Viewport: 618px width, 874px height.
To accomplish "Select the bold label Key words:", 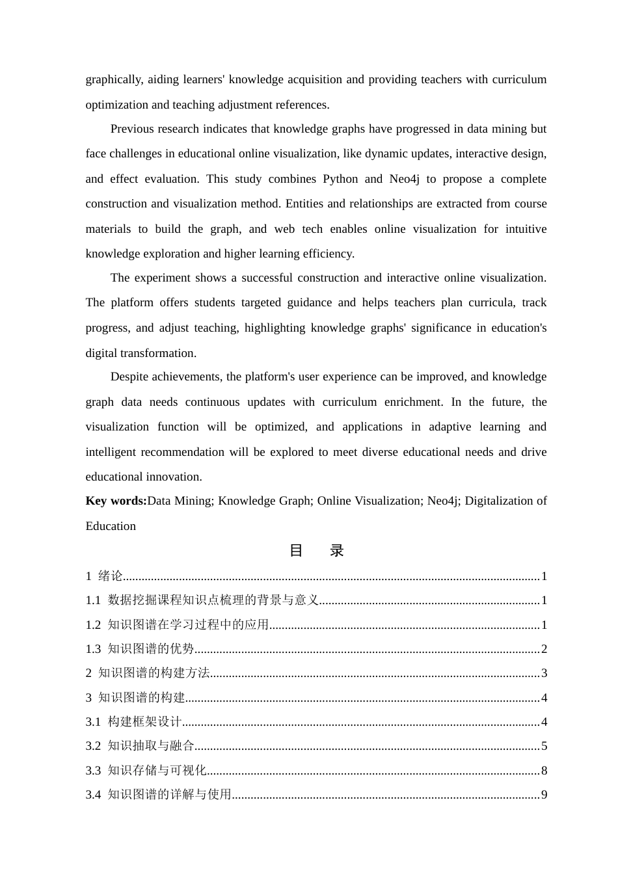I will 116,501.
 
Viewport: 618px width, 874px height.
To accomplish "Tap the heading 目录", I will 316,551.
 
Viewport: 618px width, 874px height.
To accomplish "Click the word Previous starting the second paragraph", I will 133,129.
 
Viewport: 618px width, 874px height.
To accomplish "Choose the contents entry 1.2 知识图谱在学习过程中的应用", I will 177,625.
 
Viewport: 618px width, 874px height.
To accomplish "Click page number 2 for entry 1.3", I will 544,649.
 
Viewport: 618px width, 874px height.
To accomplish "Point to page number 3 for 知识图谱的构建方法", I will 544,673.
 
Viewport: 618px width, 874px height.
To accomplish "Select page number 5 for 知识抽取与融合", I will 544,746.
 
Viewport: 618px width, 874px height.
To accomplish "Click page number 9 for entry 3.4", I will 544,795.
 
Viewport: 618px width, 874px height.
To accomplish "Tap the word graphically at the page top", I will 113,80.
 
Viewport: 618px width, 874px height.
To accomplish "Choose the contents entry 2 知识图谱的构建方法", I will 148,673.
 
